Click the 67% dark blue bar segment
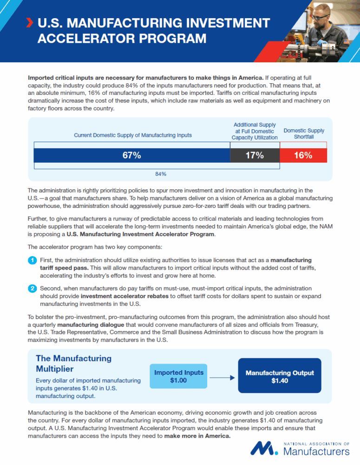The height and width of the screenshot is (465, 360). [x=132, y=156]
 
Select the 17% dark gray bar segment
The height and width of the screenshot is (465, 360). [x=255, y=156]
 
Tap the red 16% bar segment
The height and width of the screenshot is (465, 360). [x=303, y=156]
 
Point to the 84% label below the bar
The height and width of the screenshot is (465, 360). [x=161, y=173]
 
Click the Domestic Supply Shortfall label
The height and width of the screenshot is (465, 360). [x=304, y=133]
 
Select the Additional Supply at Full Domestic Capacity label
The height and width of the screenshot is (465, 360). [x=255, y=131]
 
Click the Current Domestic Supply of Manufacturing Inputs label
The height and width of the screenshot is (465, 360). [x=133, y=135]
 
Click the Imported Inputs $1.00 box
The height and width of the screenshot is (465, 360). [x=179, y=376]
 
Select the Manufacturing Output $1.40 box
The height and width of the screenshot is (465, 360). [x=280, y=376]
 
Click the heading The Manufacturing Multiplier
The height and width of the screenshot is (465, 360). [x=73, y=364]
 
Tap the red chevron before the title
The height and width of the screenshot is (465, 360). [x=30, y=22]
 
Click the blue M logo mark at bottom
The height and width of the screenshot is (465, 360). [x=264, y=448]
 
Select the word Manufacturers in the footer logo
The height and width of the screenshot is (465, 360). [x=316, y=452]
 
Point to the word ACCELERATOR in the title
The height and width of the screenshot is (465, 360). [x=88, y=39]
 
